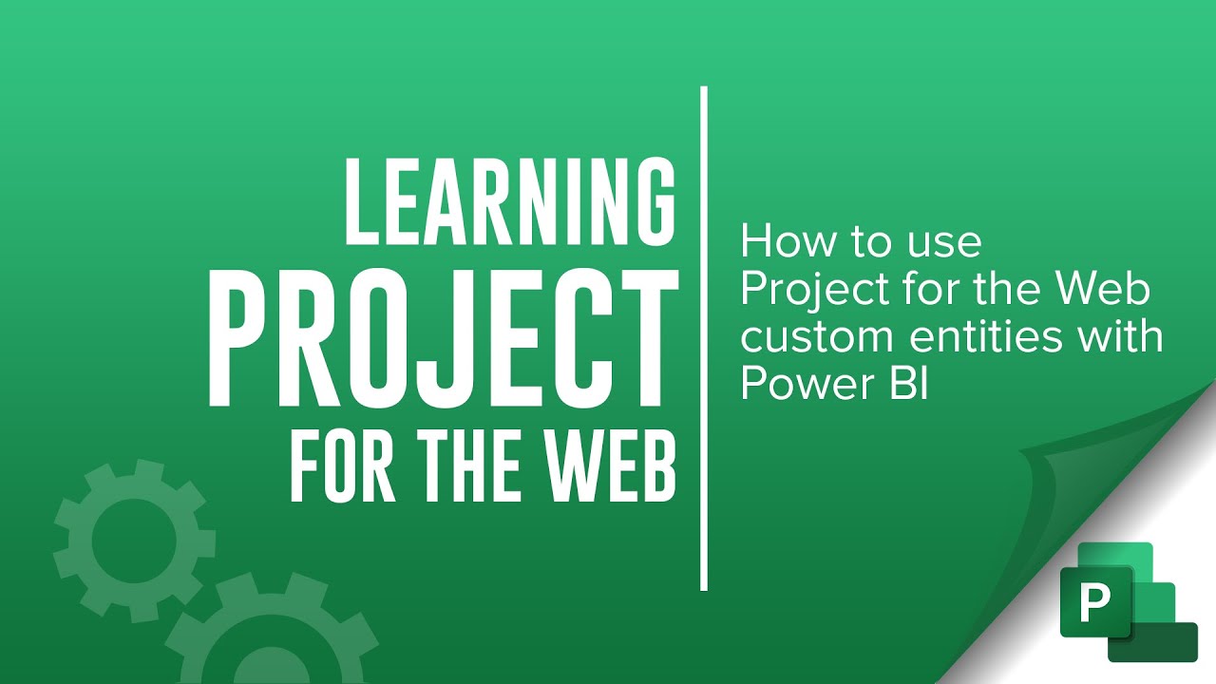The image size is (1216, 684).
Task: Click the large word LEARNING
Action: (x=510, y=202)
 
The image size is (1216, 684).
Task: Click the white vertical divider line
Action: (x=704, y=338)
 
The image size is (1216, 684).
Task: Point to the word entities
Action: (x=997, y=336)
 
